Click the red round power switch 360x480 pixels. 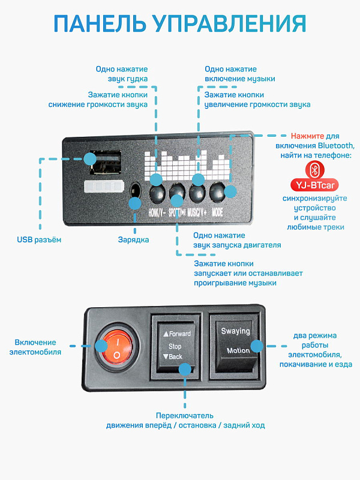coord(118,346)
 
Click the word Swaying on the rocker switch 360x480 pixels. coord(235,331)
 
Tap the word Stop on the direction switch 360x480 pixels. coord(175,346)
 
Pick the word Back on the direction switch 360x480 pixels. coord(174,357)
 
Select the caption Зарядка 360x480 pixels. coord(133,240)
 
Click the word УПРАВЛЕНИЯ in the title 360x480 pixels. coord(228,23)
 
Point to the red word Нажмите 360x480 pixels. coord(307,136)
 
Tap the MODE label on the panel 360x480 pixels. coord(218,212)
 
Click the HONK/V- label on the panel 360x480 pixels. coord(157,212)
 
